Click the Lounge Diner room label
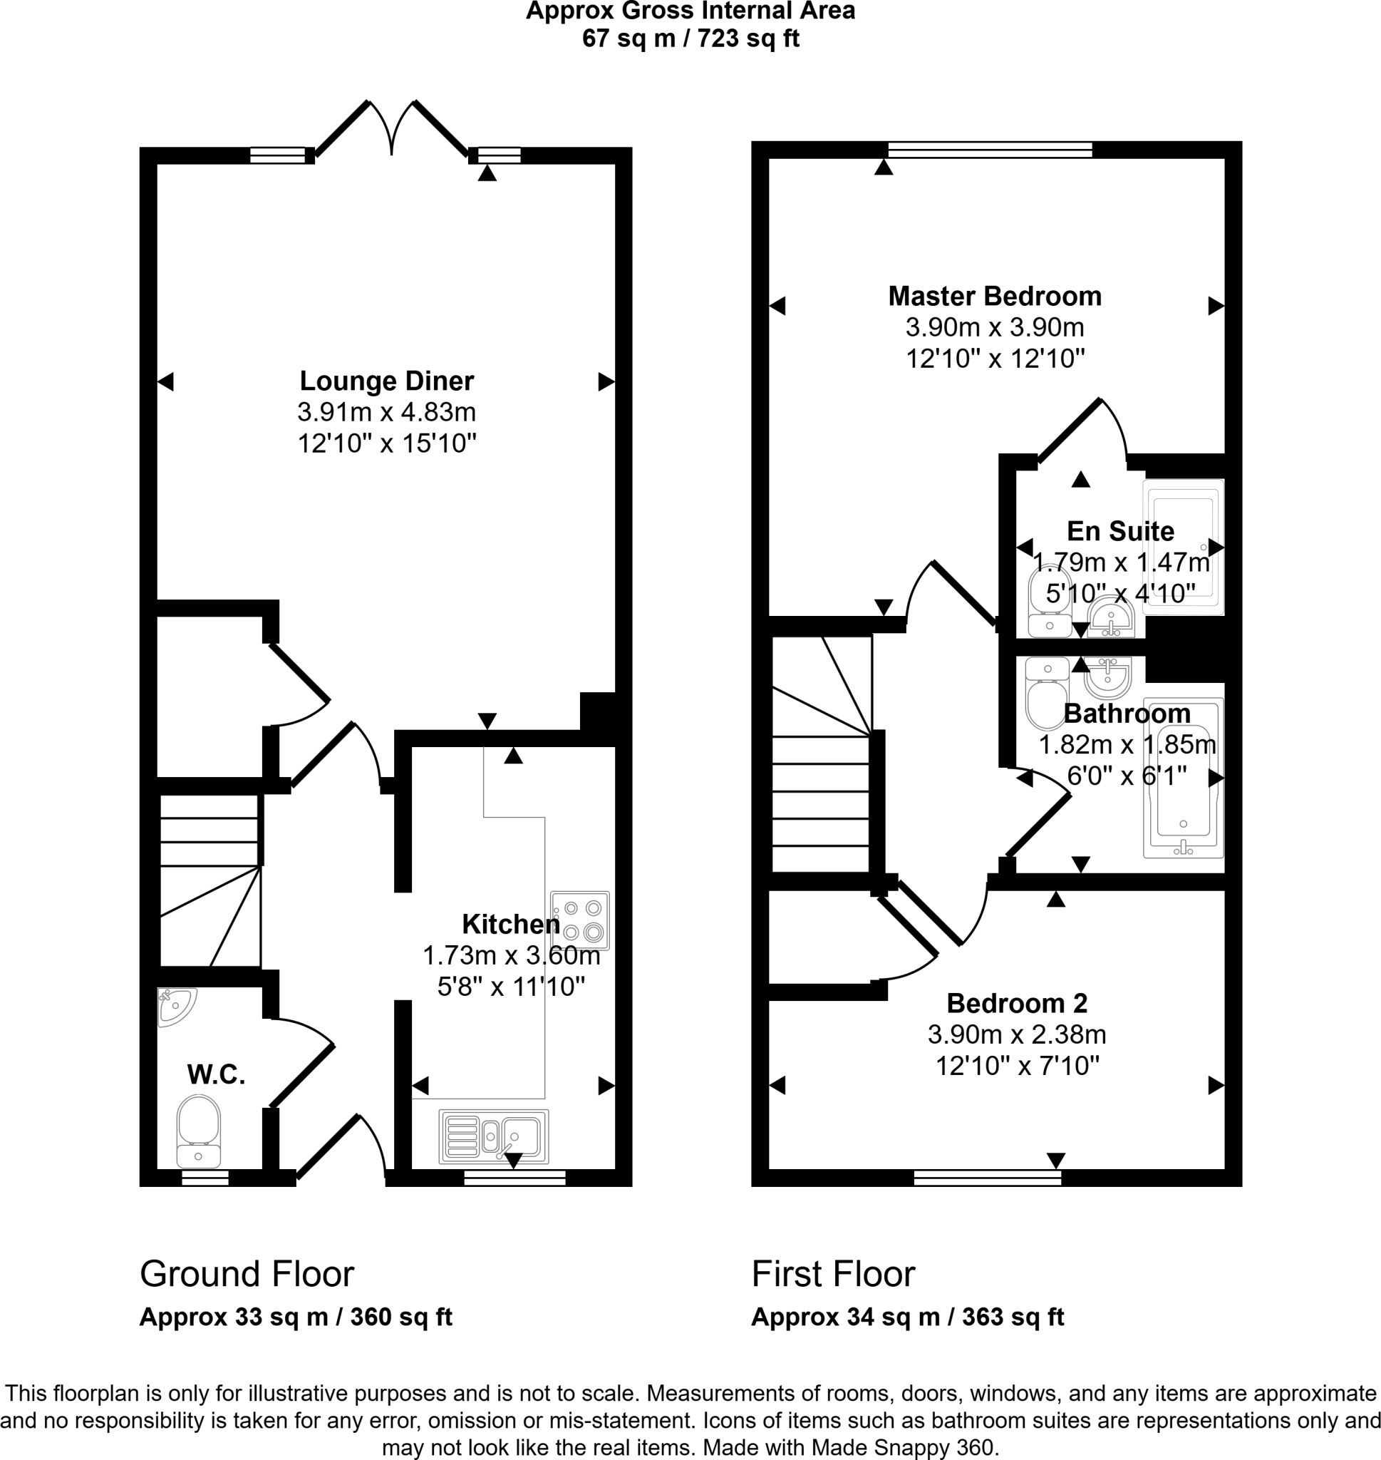coord(386,381)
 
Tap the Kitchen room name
coord(511,923)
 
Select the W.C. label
coord(216,1075)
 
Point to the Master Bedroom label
coord(995,296)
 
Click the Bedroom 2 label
coord(1017,1003)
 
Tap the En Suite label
coord(1120,531)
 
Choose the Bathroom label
coord(1127,714)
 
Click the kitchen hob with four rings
coord(580,920)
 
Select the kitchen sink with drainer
coord(493,1137)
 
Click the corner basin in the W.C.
coord(175,1007)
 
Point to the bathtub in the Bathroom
coord(1183,778)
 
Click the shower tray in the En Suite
coord(1183,547)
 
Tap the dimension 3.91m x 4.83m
coord(386,411)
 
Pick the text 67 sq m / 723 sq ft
coord(690,38)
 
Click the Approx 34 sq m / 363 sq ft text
coord(908,1317)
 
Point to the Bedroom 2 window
coord(987,1177)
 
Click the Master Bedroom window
coord(990,150)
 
